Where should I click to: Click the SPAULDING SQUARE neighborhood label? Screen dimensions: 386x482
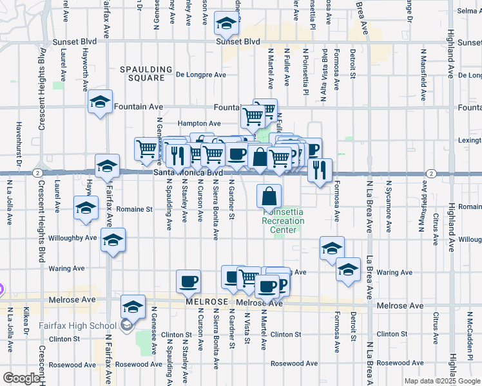tap(142, 73)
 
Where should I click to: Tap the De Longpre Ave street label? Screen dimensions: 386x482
tap(201, 75)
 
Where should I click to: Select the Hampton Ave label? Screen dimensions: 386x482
tap(200, 123)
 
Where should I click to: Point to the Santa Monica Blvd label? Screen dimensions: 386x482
tap(188, 173)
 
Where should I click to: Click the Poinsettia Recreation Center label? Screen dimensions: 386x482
tap(283, 221)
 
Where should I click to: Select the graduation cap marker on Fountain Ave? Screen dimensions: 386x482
tap(100, 104)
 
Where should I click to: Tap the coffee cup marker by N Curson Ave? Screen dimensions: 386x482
tap(188, 280)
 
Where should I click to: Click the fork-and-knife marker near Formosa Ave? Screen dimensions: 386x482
tap(320, 170)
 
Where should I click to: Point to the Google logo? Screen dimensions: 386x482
tap(21, 378)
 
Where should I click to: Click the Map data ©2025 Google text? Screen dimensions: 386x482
tap(442, 381)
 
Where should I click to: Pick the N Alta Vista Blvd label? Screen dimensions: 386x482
tap(323, 84)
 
